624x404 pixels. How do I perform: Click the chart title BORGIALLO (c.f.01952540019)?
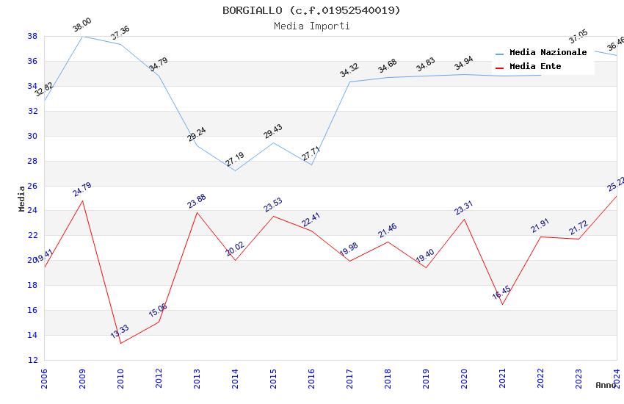tap(312, 10)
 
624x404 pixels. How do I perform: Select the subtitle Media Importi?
tap(312, 26)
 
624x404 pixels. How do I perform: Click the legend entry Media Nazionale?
tap(548, 52)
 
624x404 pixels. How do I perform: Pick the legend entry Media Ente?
tap(535, 66)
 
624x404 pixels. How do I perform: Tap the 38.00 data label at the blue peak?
tap(81, 26)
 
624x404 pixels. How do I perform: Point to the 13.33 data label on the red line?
tap(120, 332)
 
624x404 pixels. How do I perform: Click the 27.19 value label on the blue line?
tap(235, 159)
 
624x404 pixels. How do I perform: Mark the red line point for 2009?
tap(82, 201)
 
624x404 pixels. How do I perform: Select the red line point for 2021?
tap(502, 304)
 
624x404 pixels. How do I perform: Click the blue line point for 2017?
tap(349, 82)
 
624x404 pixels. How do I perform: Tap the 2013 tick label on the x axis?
tap(197, 379)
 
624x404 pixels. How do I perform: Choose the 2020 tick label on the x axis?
tap(464, 379)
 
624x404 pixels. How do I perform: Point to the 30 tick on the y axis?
tap(33, 136)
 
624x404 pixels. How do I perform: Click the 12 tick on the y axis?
tap(33, 360)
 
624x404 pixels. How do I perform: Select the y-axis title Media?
tap(22, 198)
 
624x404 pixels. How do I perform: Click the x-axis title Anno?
tap(606, 385)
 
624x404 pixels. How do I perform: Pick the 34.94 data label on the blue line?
tap(463, 64)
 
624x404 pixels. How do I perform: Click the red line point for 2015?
tap(273, 216)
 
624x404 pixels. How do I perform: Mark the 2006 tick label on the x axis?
tap(44, 379)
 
